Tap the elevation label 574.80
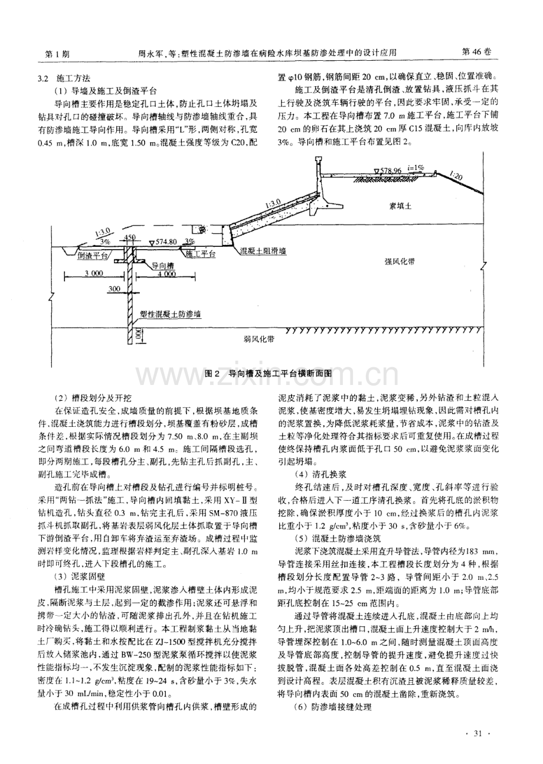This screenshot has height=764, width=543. [163, 241]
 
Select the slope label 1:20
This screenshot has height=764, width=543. [455, 175]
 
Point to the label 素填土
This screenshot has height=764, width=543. [401, 205]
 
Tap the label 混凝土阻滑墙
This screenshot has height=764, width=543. [263, 251]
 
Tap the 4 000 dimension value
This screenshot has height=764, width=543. [166, 273]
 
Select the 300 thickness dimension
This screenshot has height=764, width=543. [115, 288]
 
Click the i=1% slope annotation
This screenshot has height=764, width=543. [420, 167]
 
